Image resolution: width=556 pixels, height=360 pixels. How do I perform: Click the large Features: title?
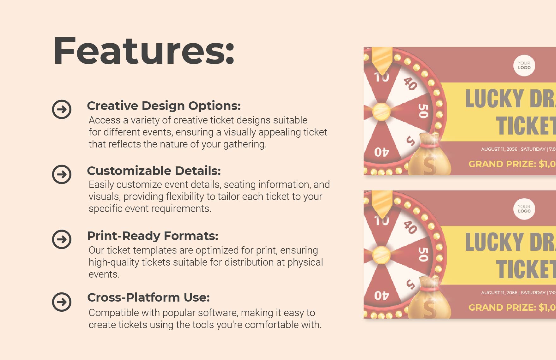[x=144, y=51]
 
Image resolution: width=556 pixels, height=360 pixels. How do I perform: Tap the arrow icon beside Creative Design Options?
[x=62, y=109]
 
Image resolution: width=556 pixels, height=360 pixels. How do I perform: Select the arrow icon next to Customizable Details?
[x=62, y=174]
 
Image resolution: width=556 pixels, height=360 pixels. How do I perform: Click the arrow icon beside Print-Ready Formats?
[x=62, y=239]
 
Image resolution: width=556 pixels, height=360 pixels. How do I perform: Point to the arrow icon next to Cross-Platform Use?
[x=62, y=302]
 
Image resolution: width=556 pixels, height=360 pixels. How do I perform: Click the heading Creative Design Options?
[x=164, y=106]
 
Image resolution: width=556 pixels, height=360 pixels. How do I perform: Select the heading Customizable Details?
[x=154, y=171]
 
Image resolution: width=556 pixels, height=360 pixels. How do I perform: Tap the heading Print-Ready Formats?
[x=153, y=236]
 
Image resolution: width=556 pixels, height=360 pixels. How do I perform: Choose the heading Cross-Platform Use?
[x=148, y=297]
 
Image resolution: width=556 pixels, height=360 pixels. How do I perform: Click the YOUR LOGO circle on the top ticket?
[x=524, y=66]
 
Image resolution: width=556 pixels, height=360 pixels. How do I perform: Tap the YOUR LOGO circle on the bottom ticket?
[x=524, y=209]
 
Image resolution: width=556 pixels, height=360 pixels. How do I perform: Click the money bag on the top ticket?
[x=428, y=156]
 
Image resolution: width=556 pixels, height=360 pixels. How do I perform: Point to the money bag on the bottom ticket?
[x=428, y=300]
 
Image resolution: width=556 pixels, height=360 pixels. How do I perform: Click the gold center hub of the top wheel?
[x=381, y=111]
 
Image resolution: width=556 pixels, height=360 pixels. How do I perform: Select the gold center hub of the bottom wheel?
[x=381, y=255]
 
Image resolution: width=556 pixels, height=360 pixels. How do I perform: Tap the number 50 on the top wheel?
[x=423, y=111]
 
